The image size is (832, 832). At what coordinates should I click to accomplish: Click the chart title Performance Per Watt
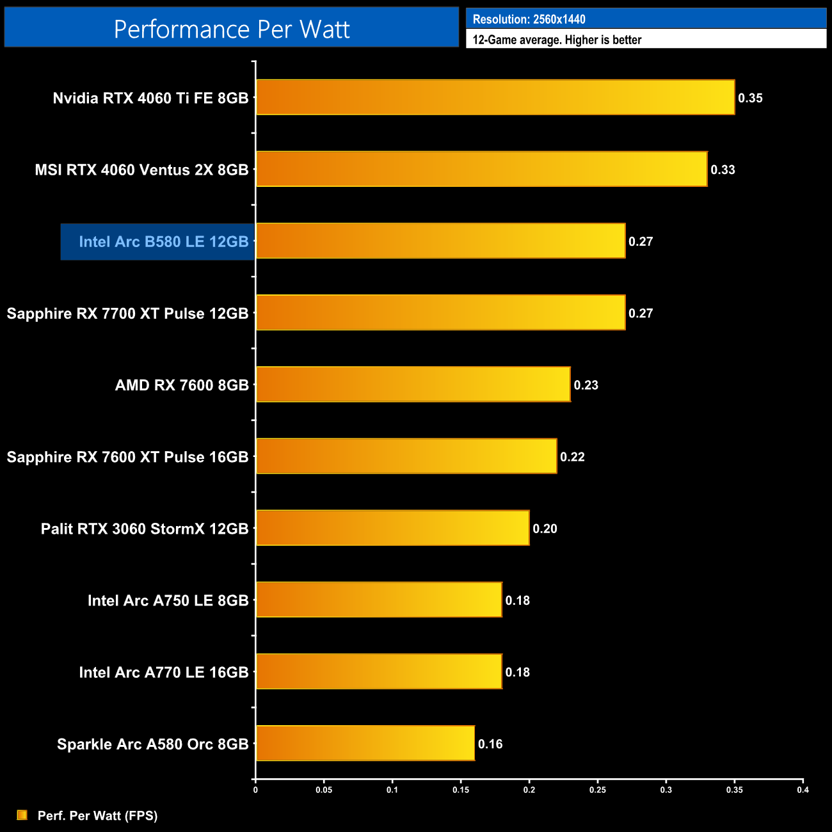232,29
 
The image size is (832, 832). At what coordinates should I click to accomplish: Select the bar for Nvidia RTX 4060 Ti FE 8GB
495,97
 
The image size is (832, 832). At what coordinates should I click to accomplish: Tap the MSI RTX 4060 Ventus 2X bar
481,169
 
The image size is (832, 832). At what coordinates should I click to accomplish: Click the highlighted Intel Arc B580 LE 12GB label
163,242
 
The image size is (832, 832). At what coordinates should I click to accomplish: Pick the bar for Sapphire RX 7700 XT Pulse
440,312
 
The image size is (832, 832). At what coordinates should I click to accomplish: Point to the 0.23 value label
586,385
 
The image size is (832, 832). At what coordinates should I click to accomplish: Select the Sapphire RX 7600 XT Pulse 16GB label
127,457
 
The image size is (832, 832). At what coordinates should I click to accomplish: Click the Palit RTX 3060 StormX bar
392,528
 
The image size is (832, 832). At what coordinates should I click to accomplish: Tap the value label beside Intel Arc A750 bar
517,600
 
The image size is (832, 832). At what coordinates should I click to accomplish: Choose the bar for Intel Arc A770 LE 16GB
379,671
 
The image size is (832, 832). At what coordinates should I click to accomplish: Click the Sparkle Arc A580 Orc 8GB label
152,744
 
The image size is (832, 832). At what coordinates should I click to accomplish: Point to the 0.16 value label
490,744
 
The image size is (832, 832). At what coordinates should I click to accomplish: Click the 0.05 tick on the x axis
324,790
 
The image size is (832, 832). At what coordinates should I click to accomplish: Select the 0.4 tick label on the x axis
803,790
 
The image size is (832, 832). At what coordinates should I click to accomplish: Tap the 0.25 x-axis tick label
597,790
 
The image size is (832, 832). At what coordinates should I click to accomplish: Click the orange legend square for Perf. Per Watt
22,815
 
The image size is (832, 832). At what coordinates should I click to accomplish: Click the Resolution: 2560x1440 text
529,19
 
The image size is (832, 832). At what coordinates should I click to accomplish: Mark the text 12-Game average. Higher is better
557,40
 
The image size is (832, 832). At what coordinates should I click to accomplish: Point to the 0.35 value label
750,98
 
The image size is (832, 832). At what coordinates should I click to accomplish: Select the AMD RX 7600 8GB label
182,385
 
